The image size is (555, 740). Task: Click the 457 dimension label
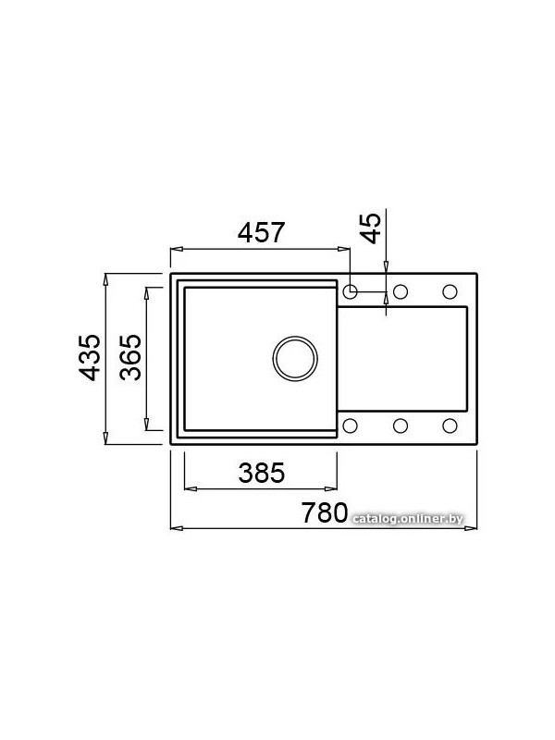(x=262, y=232)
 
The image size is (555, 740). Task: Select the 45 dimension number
(x=372, y=228)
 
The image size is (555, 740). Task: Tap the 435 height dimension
(x=90, y=357)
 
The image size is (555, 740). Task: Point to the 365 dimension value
(x=130, y=357)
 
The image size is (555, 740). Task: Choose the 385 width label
(x=262, y=473)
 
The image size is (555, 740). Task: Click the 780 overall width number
(x=325, y=512)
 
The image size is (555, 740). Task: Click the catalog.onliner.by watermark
(x=408, y=519)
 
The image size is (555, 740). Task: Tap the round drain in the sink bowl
(x=295, y=358)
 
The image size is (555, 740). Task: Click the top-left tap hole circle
(x=350, y=291)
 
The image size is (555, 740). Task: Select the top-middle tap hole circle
(x=401, y=291)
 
